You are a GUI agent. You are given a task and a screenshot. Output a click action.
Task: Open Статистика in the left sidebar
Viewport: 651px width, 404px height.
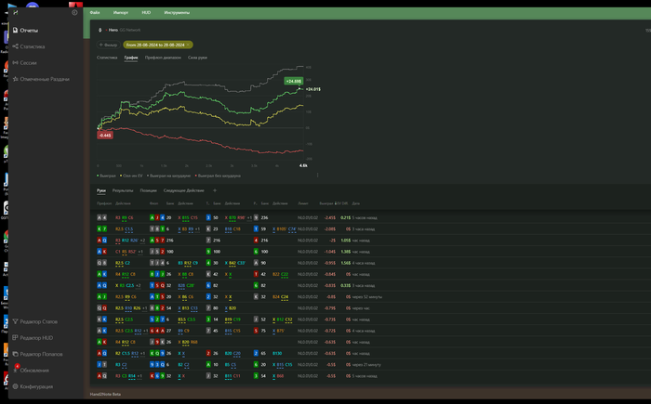(32, 46)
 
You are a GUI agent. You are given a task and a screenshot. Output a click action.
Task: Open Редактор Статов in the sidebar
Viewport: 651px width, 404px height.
(38, 321)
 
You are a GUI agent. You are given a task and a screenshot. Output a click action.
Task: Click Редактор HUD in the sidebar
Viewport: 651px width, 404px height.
(36, 337)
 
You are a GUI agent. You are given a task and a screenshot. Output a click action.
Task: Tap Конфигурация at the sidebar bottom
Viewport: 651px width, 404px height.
(36, 385)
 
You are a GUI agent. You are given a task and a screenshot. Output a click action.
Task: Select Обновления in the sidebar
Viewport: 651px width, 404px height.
(34, 370)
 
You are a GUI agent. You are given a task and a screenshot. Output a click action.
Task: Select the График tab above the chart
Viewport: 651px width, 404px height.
(131, 58)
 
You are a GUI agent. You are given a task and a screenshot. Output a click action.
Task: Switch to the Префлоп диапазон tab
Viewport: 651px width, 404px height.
(163, 58)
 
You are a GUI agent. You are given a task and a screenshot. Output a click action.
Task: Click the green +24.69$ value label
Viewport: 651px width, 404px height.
(294, 82)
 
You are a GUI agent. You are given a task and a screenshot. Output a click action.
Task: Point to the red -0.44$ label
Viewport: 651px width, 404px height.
(104, 135)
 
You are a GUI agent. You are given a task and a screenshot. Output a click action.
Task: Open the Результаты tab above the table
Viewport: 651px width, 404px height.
(123, 190)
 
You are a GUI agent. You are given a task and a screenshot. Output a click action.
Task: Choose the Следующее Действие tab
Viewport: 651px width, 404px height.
(184, 190)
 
